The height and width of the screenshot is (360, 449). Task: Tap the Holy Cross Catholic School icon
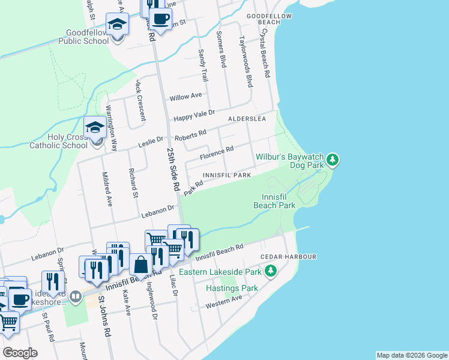[x=95, y=128]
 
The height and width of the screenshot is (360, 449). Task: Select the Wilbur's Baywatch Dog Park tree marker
[x=332, y=160]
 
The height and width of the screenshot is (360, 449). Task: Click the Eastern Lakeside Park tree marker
[x=271, y=272]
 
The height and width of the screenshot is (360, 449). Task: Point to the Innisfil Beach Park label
[x=279, y=201]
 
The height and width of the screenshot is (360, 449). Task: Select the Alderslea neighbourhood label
[x=247, y=119]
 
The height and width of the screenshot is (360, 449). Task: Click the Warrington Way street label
[x=112, y=127]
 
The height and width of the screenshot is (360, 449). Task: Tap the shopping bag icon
[x=140, y=264]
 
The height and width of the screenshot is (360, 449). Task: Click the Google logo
[x=19, y=353]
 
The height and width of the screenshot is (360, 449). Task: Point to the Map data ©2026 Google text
[x=412, y=355]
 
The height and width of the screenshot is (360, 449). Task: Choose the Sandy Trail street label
[x=203, y=67]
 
